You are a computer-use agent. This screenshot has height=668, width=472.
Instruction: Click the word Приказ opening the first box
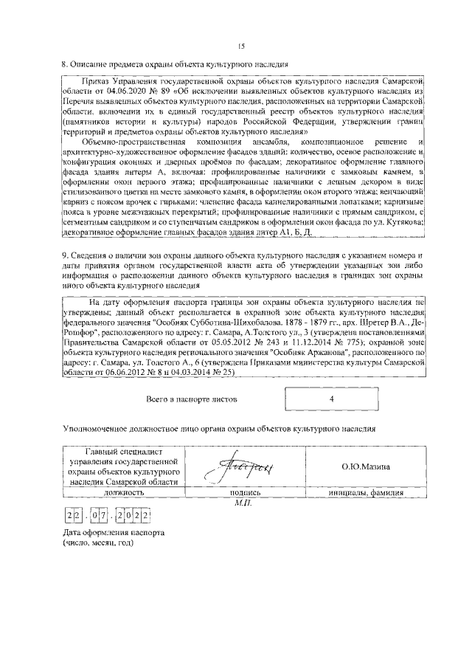98,79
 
